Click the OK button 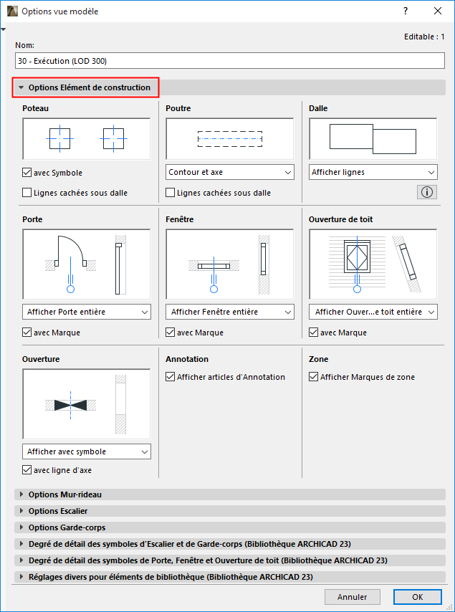point(418,597)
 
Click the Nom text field point(230,61)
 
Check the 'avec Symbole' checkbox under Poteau point(27,173)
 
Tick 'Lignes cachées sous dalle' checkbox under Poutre point(170,193)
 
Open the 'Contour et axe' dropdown point(230,172)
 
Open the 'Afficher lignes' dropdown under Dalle point(373,172)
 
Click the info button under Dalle point(427,192)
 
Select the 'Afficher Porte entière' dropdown point(87,312)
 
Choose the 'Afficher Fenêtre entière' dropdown point(230,312)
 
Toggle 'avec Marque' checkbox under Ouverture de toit point(313,332)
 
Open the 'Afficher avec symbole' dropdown point(87,451)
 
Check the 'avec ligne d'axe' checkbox point(27,470)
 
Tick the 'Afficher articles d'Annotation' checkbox point(170,377)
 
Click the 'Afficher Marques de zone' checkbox point(313,377)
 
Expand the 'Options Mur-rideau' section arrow point(21,494)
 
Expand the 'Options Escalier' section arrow point(21,511)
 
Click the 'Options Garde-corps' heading point(67,527)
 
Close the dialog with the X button point(438,11)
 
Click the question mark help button point(406,11)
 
